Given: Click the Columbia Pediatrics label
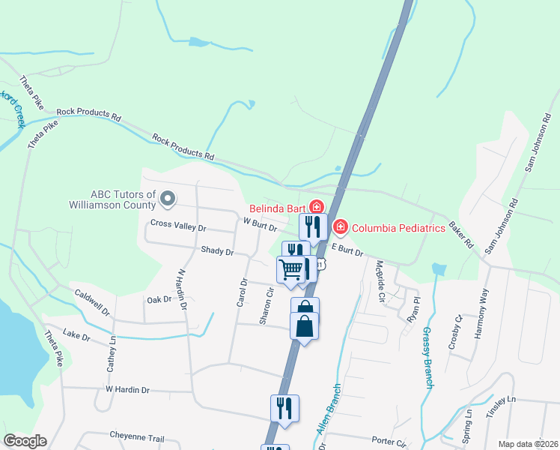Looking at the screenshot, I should point(398,228).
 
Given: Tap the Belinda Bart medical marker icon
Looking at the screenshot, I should point(317,206).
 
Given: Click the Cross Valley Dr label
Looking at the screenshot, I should point(178,224).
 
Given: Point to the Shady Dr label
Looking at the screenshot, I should point(217,252).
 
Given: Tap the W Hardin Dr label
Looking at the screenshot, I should point(127,390).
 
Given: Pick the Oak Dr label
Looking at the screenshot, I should point(159,299).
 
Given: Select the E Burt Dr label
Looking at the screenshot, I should point(347,250).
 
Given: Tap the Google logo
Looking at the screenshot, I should point(25,441).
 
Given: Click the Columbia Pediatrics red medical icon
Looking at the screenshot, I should point(340,226).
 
